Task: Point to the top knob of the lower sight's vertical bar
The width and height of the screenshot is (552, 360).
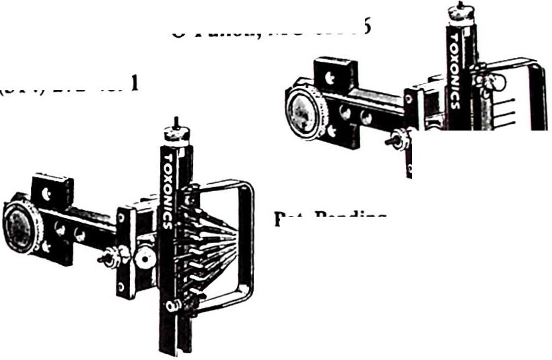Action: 176,131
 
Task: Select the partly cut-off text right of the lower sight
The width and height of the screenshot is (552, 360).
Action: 330,217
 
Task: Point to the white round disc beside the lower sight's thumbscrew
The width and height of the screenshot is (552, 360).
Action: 143,258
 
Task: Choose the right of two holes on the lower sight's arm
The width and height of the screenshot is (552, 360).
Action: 79,235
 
